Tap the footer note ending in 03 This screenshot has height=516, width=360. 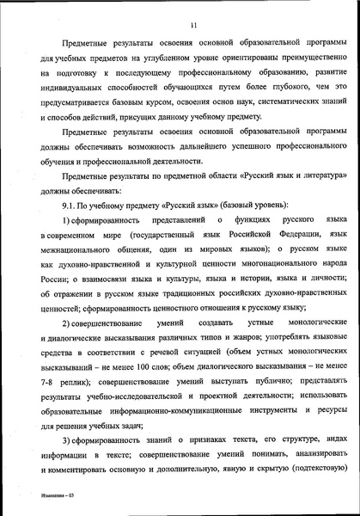(x=41, y=497)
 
